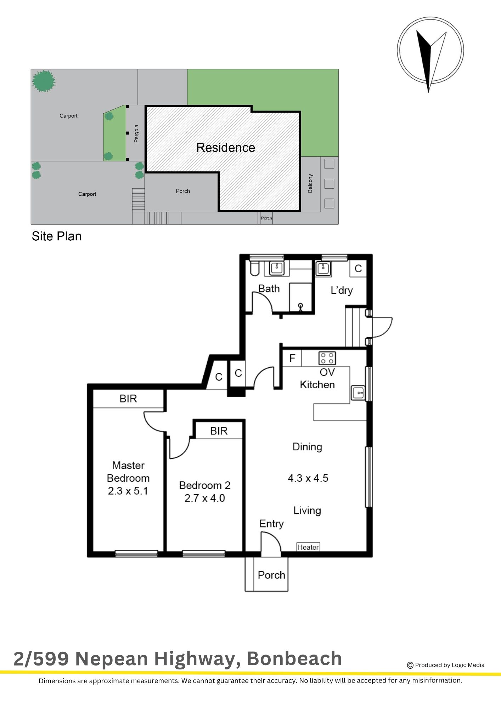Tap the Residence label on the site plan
[226, 148]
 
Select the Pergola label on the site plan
[136, 133]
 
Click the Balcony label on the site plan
[310, 183]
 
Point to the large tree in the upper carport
[44, 81]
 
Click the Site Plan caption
[57, 236]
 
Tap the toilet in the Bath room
[255, 268]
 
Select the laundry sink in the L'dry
[323, 268]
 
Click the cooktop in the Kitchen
[327, 358]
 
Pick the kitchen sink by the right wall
[358, 393]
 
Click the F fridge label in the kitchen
[292, 358]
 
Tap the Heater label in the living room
[308, 547]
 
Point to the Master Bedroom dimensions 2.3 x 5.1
[128, 491]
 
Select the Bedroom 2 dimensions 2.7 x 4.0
[205, 498]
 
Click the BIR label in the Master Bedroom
[128, 399]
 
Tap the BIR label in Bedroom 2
[219, 431]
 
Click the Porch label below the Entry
[271, 575]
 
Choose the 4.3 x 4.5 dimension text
[308, 478]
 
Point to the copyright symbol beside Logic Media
[410, 665]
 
